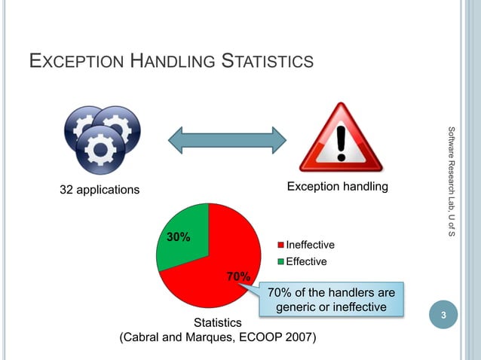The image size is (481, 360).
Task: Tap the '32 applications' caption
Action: pos(100,189)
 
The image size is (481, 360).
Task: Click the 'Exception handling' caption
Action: pos(337,186)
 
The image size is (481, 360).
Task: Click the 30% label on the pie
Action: pos(178,237)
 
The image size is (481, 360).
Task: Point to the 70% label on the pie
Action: pos(238,276)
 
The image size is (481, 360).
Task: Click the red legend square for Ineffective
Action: pos(281,246)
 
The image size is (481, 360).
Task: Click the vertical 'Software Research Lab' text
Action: pos(451,181)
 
